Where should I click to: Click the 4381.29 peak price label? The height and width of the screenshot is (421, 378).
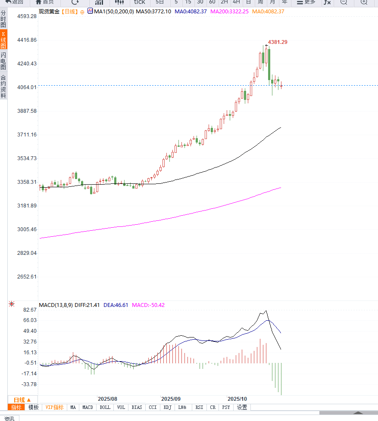click(278, 42)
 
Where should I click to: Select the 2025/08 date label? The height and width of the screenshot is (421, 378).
click(107, 399)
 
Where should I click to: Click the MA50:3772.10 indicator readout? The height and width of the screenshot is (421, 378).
click(153, 11)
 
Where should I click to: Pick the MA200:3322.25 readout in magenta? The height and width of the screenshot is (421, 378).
click(229, 11)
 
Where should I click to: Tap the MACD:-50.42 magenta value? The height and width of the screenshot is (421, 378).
click(148, 305)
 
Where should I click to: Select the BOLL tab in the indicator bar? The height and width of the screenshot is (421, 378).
click(105, 407)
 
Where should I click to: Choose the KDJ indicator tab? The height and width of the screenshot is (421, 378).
click(168, 407)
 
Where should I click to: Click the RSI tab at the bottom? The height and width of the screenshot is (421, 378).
click(199, 407)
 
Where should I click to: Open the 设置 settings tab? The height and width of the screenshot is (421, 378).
click(242, 407)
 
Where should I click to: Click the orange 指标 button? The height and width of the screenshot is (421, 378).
click(16, 407)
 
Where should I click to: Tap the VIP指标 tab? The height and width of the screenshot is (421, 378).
click(55, 407)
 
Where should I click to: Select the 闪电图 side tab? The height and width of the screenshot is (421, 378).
click(3, 61)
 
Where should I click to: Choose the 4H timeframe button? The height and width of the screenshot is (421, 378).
click(236, 2)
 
